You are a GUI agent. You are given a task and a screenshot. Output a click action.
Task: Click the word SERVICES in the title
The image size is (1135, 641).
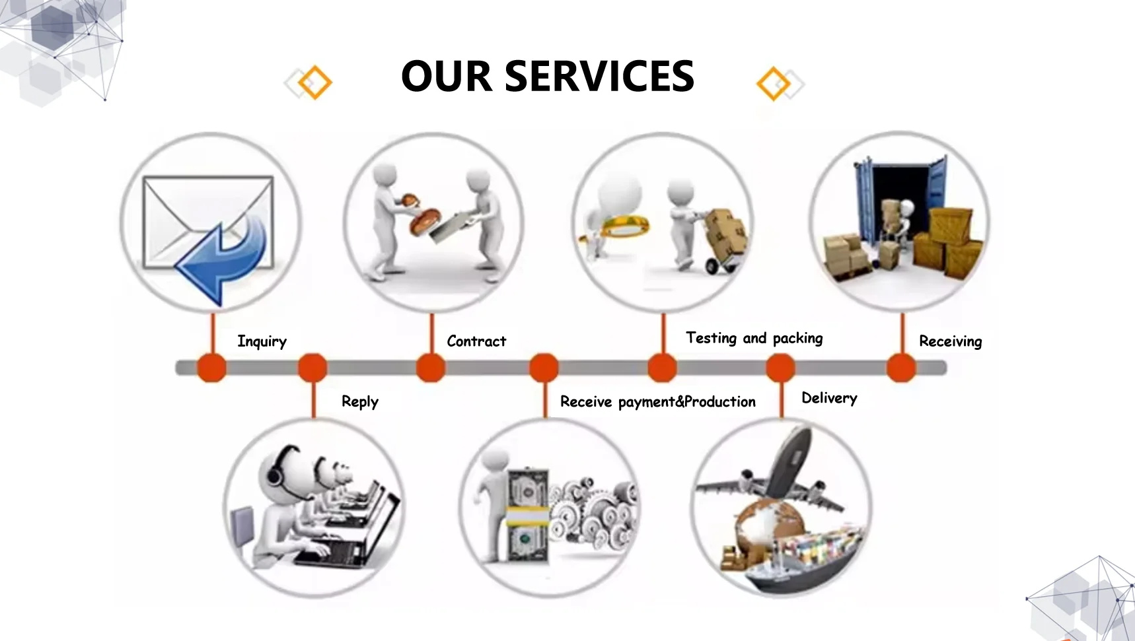pos(599,76)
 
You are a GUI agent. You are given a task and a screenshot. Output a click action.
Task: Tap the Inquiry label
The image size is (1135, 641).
pos(262,341)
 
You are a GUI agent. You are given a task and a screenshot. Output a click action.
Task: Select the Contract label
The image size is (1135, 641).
pos(476,341)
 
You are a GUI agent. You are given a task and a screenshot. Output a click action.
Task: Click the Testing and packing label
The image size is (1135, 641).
pos(754,339)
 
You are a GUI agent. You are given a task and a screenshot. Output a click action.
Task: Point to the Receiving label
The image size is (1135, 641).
pos(950,341)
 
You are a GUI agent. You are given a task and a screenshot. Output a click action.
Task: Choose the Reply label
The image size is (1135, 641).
pos(360,401)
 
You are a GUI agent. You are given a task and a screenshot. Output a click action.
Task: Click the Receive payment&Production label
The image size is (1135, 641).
pos(657,401)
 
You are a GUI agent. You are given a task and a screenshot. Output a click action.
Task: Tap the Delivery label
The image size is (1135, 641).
pos(829,398)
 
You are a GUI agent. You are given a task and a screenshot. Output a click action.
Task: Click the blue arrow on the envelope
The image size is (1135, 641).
pos(225,257)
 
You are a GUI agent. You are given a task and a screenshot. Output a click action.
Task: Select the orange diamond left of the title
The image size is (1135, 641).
pos(314,83)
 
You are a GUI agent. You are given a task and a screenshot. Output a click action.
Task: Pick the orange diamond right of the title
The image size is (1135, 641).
pos(774,83)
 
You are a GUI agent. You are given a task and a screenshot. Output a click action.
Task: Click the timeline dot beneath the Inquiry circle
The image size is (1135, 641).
pos(212,368)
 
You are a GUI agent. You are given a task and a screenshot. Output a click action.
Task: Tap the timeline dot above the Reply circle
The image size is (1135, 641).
pos(312,368)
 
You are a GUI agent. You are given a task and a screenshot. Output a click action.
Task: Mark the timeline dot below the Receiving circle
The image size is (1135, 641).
pos(901,368)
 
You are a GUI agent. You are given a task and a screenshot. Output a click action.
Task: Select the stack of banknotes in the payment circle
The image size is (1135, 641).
pos(527,515)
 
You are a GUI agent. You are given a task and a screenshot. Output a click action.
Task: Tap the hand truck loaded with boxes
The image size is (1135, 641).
pos(723,238)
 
